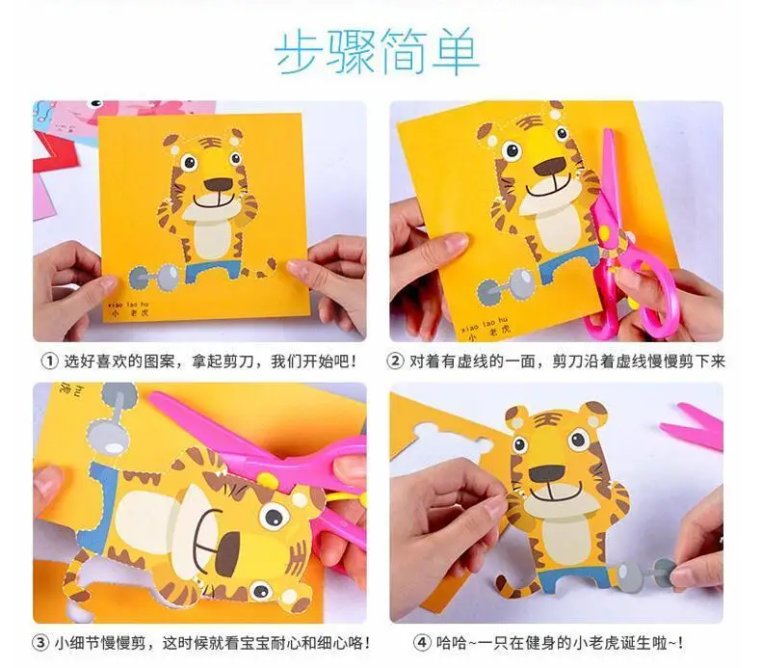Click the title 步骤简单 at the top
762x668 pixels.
pyautogui.click(x=377, y=51)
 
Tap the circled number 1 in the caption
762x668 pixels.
pyautogui.click(x=49, y=361)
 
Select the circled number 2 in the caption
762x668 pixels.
pyautogui.click(x=395, y=361)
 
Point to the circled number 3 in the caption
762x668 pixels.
pyautogui.click(x=39, y=643)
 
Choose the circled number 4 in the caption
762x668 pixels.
pyautogui.click(x=421, y=643)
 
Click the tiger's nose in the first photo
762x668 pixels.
pyautogui.click(x=218, y=184)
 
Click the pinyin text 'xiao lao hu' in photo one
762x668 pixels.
pyautogui.click(x=128, y=305)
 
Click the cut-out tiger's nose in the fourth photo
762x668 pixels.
pyautogui.click(x=547, y=474)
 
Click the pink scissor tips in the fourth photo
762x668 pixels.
pyautogui.click(x=692, y=424)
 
